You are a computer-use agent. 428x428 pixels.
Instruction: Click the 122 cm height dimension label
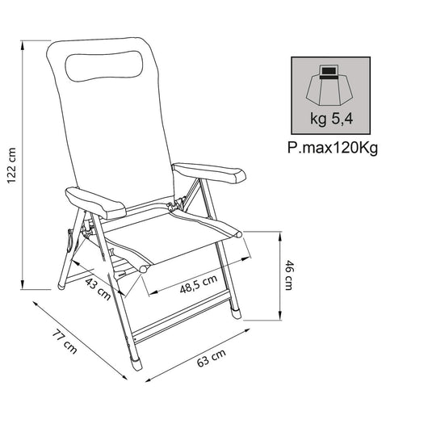[x=11, y=166]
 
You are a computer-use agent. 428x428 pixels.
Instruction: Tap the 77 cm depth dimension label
[x=65, y=342]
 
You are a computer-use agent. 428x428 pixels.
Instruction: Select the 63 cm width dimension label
[x=212, y=358]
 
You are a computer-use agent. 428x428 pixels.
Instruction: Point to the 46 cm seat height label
[x=289, y=275]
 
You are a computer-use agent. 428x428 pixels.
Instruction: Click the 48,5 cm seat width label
[x=199, y=284]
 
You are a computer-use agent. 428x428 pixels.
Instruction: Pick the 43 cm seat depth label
[x=98, y=288]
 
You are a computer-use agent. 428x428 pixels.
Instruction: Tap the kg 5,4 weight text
[x=331, y=120]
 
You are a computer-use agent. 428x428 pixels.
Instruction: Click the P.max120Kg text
[x=333, y=149]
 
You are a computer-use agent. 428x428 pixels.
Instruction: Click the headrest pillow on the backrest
[x=104, y=65]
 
